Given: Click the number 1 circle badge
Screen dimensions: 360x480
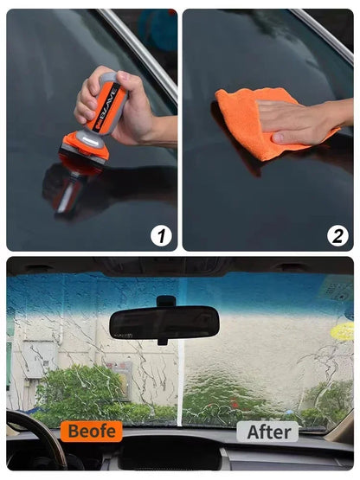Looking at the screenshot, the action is (x=161, y=236).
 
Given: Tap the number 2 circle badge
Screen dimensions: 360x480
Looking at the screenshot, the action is (x=337, y=236).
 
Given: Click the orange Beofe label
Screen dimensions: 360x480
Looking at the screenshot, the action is (x=92, y=431).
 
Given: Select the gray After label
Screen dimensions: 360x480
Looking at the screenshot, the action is (x=267, y=432).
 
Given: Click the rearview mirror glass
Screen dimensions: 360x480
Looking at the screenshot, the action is (x=164, y=322).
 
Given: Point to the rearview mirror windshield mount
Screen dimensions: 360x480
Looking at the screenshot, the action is (x=166, y=301).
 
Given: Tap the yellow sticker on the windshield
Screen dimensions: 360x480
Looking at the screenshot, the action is (x=343, y=330).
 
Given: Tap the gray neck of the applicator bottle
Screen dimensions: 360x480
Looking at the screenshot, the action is (x=89, y=138).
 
